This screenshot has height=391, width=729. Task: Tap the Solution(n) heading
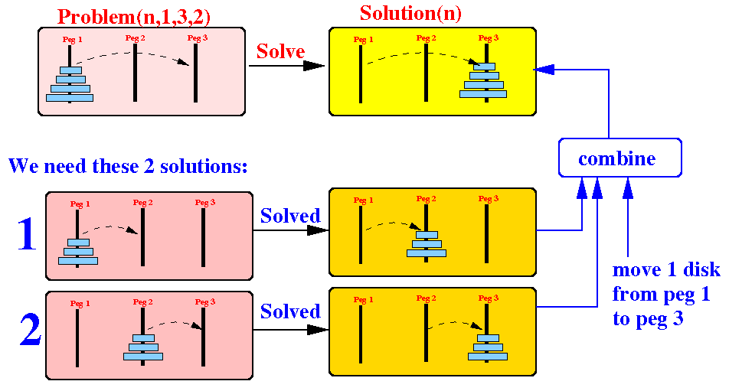[x=410, y=13]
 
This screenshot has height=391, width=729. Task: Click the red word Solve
[x=280, y=51]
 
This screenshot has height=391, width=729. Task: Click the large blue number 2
[x=29, y=331]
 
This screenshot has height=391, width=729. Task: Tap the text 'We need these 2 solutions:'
[x=130, y=165]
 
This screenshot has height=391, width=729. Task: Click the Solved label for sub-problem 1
[x=290, y=216]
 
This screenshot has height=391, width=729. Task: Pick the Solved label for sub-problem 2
[x=290, y=311]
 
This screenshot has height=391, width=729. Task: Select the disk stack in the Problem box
[x=70, y=84]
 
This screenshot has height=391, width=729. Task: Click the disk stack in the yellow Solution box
[x=482, y=80]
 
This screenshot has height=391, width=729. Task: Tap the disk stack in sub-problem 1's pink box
[x=77, y=252]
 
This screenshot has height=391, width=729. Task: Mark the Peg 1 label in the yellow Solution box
[x=364, y=39]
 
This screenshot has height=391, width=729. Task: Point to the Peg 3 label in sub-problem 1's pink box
[x=205, y=203]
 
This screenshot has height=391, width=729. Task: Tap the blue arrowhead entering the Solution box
[x=543, y=70]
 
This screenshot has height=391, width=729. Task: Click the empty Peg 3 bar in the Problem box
[x=196, y=73]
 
